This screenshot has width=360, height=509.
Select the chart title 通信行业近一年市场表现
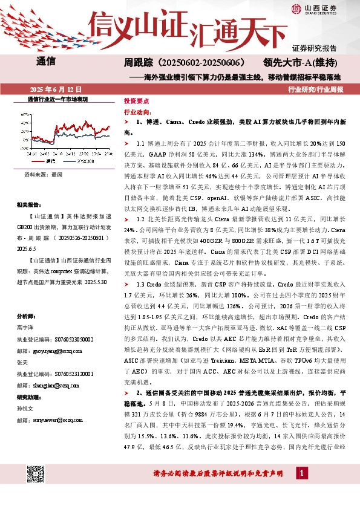(x=58, y=99)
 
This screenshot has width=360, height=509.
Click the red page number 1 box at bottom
(x=301, y=488)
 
